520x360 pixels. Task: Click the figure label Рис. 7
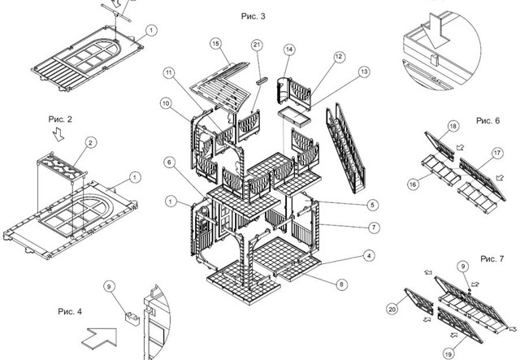[x=492, y=258]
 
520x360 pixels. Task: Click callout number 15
[x=216, y=43]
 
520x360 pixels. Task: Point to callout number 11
[x=168, y=73]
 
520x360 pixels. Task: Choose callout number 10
[x=165, y=103]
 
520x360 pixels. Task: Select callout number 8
[x=340, y=284]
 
